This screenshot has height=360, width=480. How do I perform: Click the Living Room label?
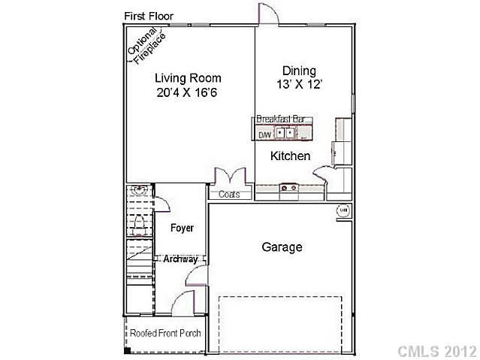click(188, 77)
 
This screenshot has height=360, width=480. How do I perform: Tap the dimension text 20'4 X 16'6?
click(188, 93)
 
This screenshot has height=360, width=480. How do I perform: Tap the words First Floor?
click(148, 16)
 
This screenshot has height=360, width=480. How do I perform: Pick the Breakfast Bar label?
click(284, 119)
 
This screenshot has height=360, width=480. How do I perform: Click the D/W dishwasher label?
click(264, 135)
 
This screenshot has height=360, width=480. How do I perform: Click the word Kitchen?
click(290, 156)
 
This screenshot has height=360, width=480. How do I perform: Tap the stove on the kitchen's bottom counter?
click(289, 187)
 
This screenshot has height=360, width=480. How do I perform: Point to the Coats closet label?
click(229, 194)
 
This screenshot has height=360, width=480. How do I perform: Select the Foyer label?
click(182, 227)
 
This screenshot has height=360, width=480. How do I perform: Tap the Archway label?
click(181, 259)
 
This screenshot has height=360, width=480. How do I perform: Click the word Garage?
click(282, 247)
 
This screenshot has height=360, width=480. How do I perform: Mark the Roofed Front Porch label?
click(165, 333)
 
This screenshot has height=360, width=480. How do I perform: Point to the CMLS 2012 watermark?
click(436, 351)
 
